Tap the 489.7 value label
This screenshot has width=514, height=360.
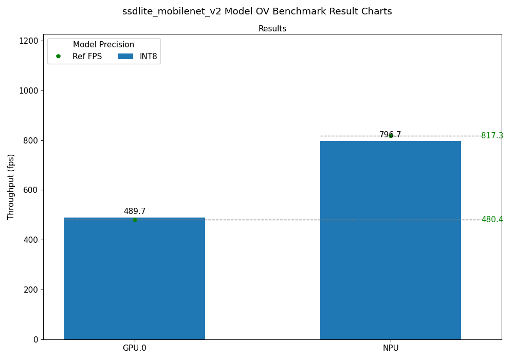(x=135, y=211)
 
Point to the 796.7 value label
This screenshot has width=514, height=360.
(x=390, y=135)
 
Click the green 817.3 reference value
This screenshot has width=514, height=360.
(x=492, y=136)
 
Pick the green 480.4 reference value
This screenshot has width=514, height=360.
(x=492, y=220)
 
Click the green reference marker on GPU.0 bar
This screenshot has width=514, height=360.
(x=135, y=220)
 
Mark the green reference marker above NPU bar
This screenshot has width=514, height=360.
(x=391, y=136)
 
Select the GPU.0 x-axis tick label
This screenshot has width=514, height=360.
(x=135, y=348)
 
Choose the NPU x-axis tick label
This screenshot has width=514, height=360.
(x=391, y=348)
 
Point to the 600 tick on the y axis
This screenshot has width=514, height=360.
(x=31, y=190)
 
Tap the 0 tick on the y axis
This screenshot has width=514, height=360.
(x=36, y=339)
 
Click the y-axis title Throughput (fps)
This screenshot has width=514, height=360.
(x=11, y=187)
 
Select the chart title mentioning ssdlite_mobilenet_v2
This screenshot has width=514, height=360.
(x=257, y=11)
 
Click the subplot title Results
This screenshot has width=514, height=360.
(x=272, y=29)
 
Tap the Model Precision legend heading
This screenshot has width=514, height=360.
(x=103, y=45)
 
